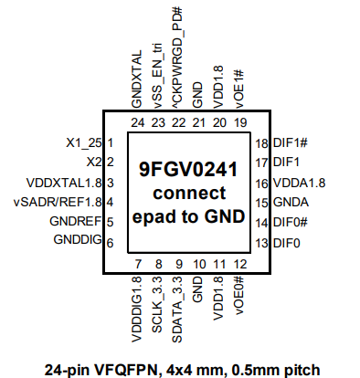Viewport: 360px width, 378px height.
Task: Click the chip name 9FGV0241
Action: [187, 170]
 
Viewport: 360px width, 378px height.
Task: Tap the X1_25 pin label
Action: [82, 143]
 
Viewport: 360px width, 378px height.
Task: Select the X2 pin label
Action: [91, 163]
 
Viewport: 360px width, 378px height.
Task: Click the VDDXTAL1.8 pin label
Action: [65, 183]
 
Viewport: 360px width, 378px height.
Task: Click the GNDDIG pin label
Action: [77, 241]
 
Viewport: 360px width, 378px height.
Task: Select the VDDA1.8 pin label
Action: [299, 183]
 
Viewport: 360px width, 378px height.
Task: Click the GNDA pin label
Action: [291, 202]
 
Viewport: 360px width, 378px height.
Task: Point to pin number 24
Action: [138, 122]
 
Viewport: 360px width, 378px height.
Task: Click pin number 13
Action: [261, 242]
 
